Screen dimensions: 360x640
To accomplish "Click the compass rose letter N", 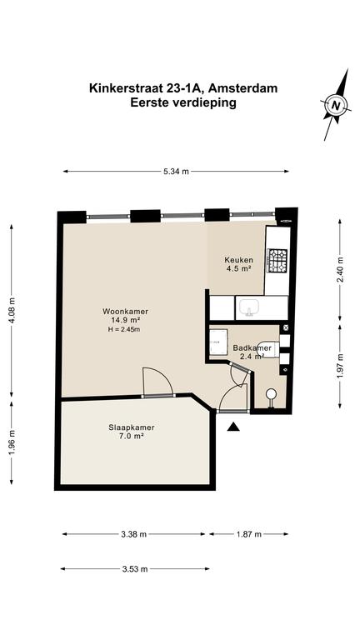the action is coord(336,105).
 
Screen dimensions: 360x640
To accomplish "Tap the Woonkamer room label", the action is coord(125,312).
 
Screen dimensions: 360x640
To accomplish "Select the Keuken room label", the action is coord(239,260).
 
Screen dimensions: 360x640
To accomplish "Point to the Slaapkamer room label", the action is coord(132,427).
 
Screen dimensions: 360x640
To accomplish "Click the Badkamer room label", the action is coord(252,348).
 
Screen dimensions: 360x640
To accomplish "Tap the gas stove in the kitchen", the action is coord(277,260).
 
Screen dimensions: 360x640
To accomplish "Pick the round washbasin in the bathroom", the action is coord(271,394).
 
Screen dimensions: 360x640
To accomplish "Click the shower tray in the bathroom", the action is coord(218,342).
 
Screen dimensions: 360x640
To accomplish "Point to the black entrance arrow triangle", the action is coord(233,427).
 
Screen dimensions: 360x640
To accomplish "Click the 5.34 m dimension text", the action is coord(177,172).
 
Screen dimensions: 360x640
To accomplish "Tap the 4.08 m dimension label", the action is coord(11,310).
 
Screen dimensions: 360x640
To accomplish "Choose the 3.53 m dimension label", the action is coord(135,569).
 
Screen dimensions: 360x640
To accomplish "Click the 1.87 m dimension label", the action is coord(248,534).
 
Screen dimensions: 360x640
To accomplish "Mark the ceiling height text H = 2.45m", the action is coord(124,330).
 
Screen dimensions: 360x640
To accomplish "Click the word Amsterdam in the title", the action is coord(247,88).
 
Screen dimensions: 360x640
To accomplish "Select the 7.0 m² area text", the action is coord(132,436).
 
